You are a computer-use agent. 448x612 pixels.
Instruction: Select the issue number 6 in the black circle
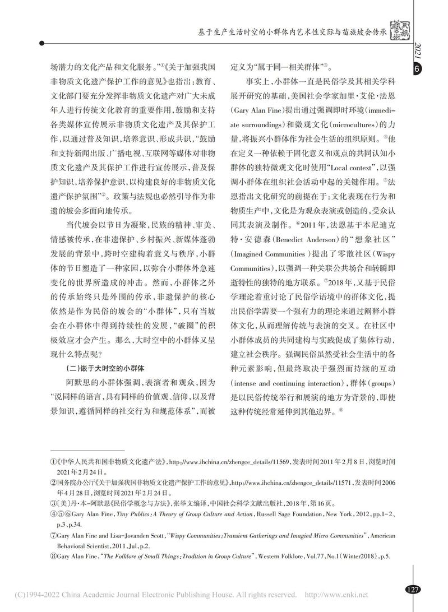[418, 69]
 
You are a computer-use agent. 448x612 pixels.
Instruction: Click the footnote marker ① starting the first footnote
[53, 461]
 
